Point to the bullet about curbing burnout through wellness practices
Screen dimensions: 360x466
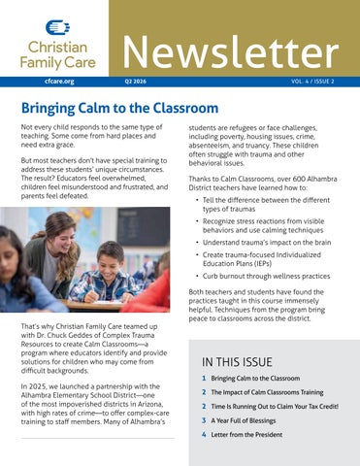(x=267, y=276)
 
